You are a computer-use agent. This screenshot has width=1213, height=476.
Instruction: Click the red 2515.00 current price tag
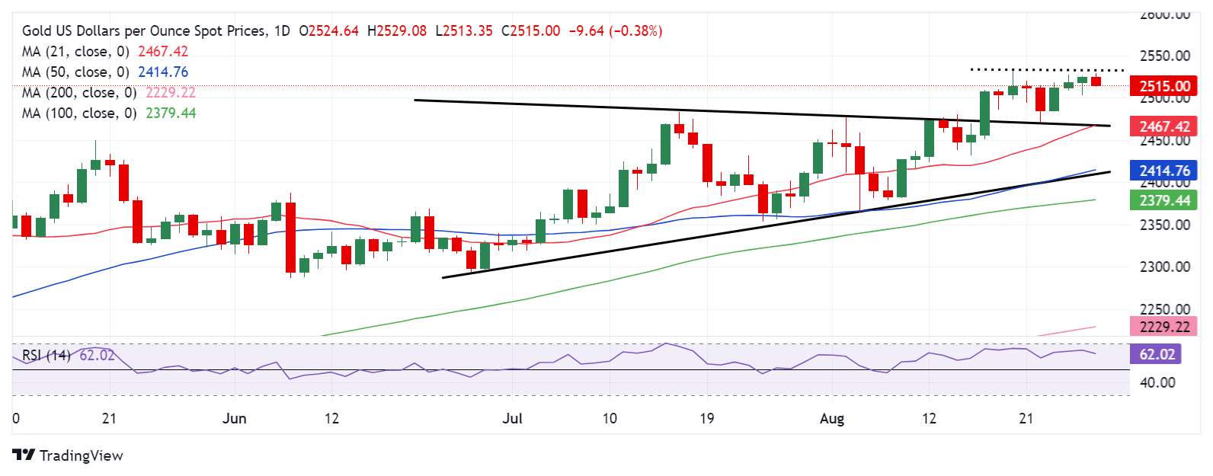coord(1163,86)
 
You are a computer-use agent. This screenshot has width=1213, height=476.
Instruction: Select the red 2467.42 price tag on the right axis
coord(1163,126)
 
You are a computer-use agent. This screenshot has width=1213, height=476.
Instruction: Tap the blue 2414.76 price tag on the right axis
coord(1163,171)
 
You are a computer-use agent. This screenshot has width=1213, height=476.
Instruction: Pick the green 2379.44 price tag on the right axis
coord(1163,201)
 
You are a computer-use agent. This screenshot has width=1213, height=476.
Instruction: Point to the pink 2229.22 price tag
coord(1163,327)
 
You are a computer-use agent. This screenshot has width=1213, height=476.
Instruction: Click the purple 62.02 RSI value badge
coord(1157,354)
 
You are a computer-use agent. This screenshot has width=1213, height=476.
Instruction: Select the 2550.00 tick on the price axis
coord(1164,56)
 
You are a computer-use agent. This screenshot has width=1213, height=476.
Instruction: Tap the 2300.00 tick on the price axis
coord(1164,267)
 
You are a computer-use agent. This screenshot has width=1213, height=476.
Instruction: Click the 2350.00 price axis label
coord(1164,225)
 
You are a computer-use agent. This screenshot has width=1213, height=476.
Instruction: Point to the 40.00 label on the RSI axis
coord(1157,382)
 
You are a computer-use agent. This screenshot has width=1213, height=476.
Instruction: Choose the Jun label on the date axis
coord(234,419)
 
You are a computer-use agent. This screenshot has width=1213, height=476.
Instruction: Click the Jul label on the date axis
coord(513,419)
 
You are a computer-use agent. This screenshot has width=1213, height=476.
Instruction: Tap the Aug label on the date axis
coord(832,419)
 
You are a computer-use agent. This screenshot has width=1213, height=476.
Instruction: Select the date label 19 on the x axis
coord(706,419)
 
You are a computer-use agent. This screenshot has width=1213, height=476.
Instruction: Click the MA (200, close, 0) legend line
coord(79,93)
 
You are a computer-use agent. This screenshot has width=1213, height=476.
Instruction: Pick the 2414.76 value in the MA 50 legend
coord(163,72)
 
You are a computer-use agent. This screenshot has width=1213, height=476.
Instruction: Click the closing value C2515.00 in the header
coord(530,31)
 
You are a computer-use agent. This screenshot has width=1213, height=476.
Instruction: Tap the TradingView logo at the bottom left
coord(68,455)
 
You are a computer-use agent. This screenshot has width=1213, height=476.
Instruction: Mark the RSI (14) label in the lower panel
coord(46,356)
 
